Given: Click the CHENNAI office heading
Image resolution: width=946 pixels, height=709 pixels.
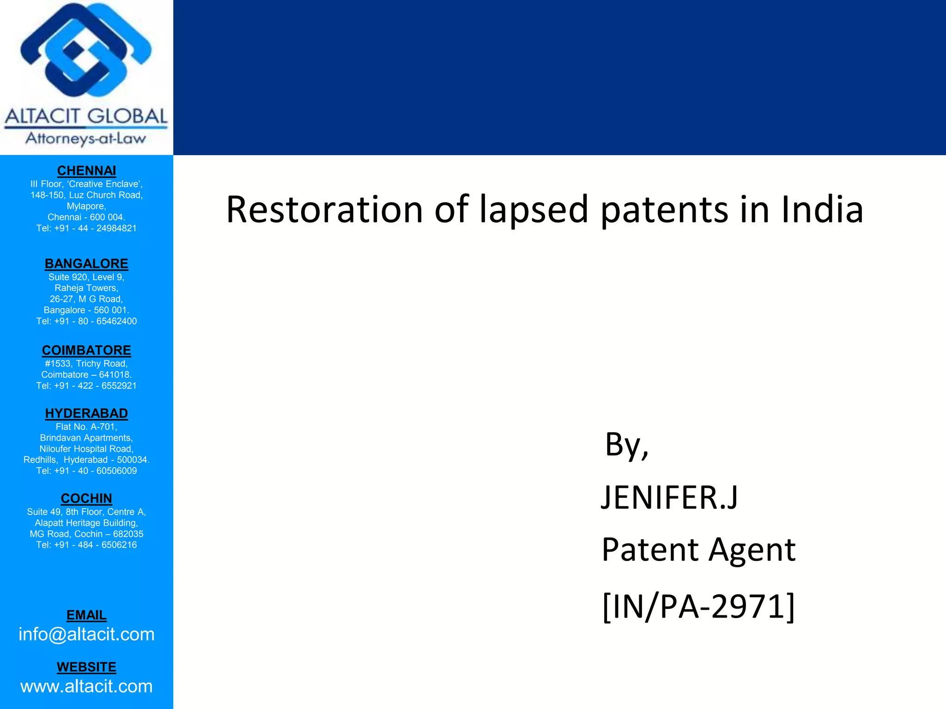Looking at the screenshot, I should pyautogui.click(x=86, y=171).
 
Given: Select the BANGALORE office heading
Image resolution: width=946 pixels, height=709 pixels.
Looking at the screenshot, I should pyautogui.click(x=86, y=264).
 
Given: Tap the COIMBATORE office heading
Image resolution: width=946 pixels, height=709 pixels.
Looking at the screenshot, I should pyautogui.click(x=86, y=350).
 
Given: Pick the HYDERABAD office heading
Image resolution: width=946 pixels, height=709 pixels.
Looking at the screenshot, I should pyautogui.click(x=86, y=413).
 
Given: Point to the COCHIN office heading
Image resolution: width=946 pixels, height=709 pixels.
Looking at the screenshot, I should pyautogui.click(x=86, y=499).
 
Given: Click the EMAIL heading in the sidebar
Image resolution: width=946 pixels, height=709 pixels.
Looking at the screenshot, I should pyautogui.click(x=86, y=615).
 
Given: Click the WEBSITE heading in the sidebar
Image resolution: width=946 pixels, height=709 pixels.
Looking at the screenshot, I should pyautogui.click(x=86, y=667).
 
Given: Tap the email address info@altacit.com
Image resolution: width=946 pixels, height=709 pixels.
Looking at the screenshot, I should pyautogui.click(x=86, y=635).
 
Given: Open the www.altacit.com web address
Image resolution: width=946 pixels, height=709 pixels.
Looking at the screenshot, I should pyautogui.click(x=86, y=686).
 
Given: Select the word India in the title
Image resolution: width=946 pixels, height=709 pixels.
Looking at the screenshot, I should pyautogui.click(x=822, y=210).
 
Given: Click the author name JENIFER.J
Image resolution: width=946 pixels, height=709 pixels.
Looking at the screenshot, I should pyautogui.click(x=669, y=498).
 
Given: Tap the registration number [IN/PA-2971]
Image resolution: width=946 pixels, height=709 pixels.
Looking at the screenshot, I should pyautogui.click(x=698, y=607).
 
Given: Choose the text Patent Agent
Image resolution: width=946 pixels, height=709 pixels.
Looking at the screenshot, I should pyautogui.click(x=698, y=550).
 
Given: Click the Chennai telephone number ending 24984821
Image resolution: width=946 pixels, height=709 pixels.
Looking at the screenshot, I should pyautogui.click(x=86, y=228).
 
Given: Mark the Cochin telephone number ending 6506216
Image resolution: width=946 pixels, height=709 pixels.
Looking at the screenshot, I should pyautogui.click(x=86, y=545).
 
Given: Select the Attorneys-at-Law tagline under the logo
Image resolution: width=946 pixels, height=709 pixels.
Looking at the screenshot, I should pyautogui.click(x=86, y=138).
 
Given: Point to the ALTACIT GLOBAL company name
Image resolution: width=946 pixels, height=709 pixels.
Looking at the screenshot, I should pyautogui.click(x=86, y=116).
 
